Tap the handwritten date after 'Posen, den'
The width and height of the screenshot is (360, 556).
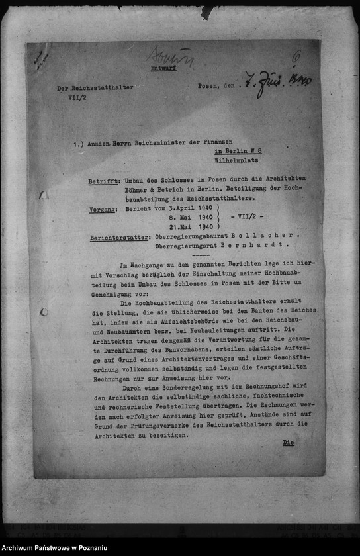277,84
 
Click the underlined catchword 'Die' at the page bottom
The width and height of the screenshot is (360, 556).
288,442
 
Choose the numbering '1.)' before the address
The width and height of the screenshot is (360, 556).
80,142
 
